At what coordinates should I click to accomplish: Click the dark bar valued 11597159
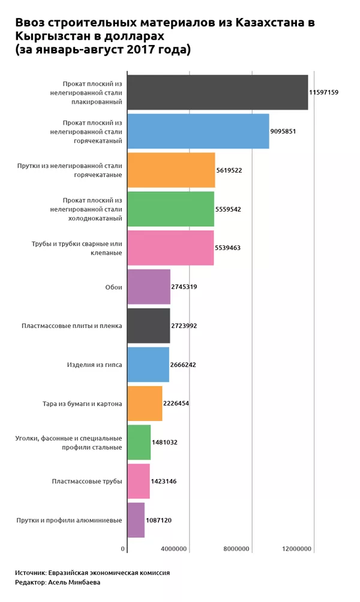tap(217, 93)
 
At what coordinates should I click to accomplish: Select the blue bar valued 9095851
tap(198, 131)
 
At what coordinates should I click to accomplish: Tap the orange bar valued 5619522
tap(171, 170)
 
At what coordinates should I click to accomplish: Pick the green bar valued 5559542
tap(170, 209)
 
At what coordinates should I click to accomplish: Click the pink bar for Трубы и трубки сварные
tap(170, 248)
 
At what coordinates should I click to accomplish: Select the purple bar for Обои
tap(149, 287)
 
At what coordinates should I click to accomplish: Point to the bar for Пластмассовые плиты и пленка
tap(148, 326)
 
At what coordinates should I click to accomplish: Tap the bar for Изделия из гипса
tap(148, 365)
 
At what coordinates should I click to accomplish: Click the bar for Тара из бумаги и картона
tap(145, 404)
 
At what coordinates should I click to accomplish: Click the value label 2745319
tap(184, 287)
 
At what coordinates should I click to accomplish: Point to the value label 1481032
tap(165, 443)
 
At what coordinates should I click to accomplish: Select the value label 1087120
tap(158, 520)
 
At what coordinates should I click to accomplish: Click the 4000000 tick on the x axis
tap(175, 549)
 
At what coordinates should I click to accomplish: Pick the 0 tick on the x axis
tap(123, 549)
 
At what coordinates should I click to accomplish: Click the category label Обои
tap(113, 287)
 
